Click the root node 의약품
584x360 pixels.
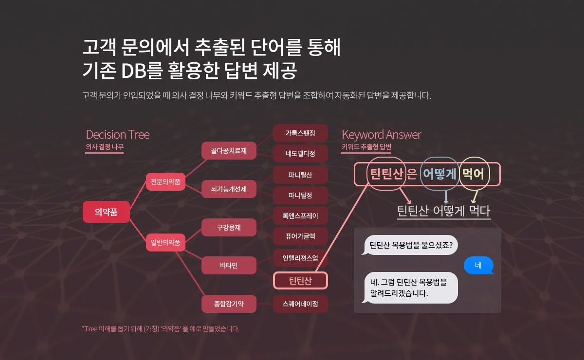click(x=106, y=212)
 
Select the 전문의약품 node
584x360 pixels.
click(x=165, y=182)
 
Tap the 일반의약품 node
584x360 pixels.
click(x=165, y=242)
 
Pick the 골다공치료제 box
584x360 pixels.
click(x=229, y=151)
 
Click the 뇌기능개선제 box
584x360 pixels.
click(x=229, y=189)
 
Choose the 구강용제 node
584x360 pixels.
click(x=229, y=227)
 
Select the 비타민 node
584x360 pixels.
click(x=229, y=265)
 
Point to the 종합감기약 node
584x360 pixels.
click(x=229, y=304)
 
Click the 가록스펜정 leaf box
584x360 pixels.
click(x=300, y=133)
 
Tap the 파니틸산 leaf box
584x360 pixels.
click(x=300, y=175)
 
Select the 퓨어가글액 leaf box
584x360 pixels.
click(x=300, y=236)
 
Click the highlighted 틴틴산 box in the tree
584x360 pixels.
click(x=300, y=281)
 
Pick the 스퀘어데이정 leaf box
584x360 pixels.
click(x=300, y=304)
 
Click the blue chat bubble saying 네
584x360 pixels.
click(x=478, y=265)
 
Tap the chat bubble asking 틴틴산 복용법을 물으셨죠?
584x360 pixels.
click(x=411, y=245)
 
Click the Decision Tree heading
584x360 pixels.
click(x=118, y=134)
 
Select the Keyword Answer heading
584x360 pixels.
click(x=382, y=134)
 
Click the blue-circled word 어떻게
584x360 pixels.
click(x=439, y=174)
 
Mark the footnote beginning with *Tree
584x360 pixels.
click(x=161, y=329)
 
